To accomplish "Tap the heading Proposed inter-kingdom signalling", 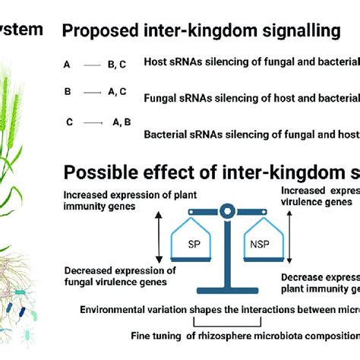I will tap(201, 31).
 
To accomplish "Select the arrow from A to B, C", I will tap(93, 66).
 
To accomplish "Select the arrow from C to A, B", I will tap(93, 121).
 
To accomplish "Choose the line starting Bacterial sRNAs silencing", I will tap(251, 134).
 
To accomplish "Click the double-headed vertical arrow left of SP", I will tap(159, 236).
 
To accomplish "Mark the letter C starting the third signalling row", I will tap(70, 121).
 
